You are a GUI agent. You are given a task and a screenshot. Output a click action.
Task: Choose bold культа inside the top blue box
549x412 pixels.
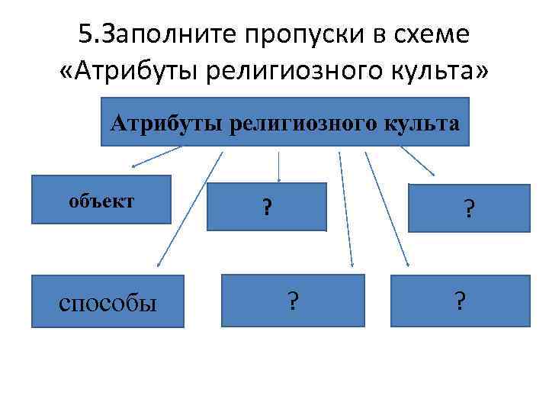[x=422, y=123]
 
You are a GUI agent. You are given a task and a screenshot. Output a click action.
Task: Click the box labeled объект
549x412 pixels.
[x=101, y=200]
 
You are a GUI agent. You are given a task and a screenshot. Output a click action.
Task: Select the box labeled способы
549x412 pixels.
[x=108, y=301]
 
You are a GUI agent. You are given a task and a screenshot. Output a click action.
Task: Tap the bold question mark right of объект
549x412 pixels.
[x=267, y=207]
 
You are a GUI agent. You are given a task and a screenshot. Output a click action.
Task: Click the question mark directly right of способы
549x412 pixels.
[x=293, y=301]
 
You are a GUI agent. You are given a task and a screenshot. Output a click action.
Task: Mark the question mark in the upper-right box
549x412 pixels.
[x=468, y=208]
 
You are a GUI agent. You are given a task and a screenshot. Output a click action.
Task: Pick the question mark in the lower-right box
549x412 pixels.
[x=458, y=301]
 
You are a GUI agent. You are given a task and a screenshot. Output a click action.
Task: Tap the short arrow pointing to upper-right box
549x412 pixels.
[x=418, y=161]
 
